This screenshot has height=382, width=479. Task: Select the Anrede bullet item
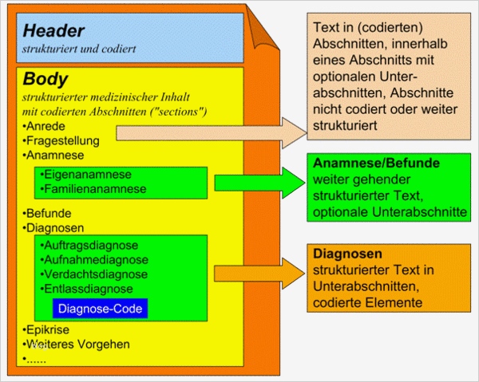pyautogui.click(x=46, y=126)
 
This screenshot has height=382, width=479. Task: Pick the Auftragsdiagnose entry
pyautogui.click(x=91, y=245)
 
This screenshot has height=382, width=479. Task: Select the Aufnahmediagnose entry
pyautogui.click(x=93, y=259)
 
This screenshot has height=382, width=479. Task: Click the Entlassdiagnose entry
pyautogui.click(x=89, y=288)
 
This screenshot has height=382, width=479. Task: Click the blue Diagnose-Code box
pyautogui.click(x=101, y=308)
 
